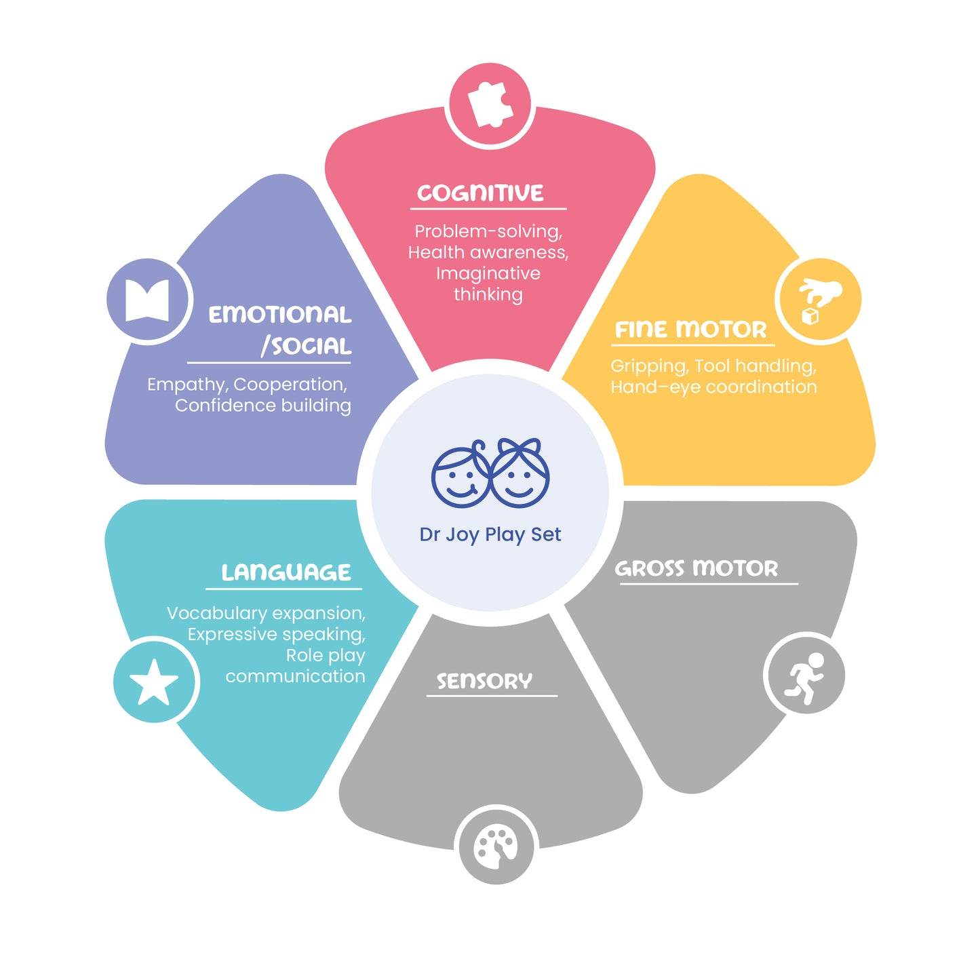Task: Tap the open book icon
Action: tap(147, 300)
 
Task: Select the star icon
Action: tap(154, 682)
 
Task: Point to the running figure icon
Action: tap(804, 678)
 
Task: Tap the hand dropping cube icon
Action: tap(819, 300)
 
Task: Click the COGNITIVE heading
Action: tap(480, 193)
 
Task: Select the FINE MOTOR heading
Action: tap(690, 330)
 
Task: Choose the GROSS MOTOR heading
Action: tap(697, 568)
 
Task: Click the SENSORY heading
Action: tap(485, 680)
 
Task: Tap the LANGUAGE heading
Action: tap(286, 572)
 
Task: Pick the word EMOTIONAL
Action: tap(279, 315)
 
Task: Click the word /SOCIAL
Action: tap(306, 347)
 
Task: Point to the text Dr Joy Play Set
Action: tap(490, 534)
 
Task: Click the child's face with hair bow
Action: tap(520, 473)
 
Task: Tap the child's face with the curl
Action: tap(461, 474)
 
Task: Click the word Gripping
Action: tap(650, 366)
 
